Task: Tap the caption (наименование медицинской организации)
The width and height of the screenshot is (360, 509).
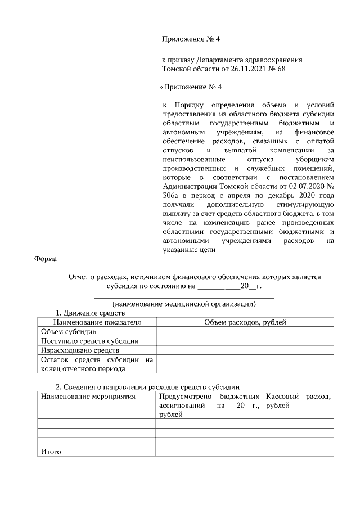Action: tap(183, 304)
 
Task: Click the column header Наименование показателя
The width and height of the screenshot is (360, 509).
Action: tap(96, 322)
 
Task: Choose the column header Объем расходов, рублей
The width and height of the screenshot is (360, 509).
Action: tap(245, 322)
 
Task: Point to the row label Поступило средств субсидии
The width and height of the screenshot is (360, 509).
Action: tap(89, 341)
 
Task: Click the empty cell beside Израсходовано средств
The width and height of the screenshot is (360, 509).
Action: tap(245, 350)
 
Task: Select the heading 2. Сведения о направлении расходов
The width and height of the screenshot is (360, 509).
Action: tap(147, 387)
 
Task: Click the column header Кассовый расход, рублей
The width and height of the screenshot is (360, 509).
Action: tap(298, 401)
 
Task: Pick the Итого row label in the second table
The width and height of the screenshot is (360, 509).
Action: tap(51, 452)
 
